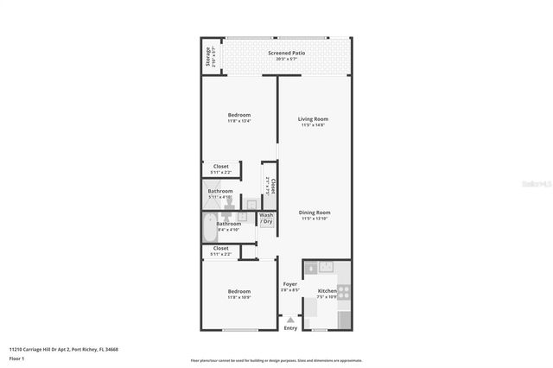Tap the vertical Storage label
point(208,58)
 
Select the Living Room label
point(314,119)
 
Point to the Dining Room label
point(315,213)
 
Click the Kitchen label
point(327,291)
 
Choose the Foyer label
point(290,283)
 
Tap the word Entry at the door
point(290,327)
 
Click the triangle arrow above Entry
point(290,320)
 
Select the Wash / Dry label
point(266,219)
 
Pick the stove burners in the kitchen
point(343,292)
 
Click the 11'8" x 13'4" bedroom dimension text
point(239,122)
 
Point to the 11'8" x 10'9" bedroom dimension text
point(239,298)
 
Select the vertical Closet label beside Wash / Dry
point(273,186)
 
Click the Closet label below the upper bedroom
point(221,167)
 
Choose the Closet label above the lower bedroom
point(221,249)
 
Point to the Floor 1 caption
point(17,358)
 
